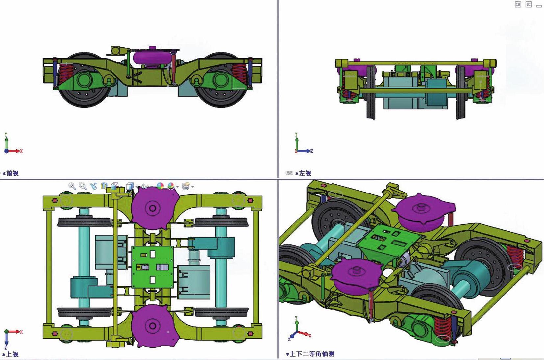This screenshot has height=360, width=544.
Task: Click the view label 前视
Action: [x=12, y=173]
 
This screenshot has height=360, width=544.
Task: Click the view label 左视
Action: [x=305, y=173]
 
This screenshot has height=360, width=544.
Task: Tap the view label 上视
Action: [x=12, y=354]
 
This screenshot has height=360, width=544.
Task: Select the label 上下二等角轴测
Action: [x=312, y=354]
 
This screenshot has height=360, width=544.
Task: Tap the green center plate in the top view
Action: [x=153, y=267]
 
